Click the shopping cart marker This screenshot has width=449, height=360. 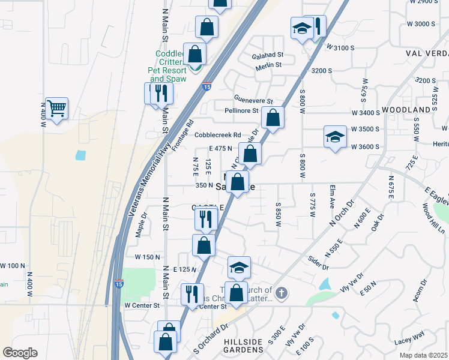tap(56, 109)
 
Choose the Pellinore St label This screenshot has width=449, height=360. tap(241, 111)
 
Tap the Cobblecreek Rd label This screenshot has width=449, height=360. tap(217, 135)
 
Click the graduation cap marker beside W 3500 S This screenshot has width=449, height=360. tap(335, 136)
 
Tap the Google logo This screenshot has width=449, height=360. tap(20, 352)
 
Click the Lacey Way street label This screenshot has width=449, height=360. tap(409, 335)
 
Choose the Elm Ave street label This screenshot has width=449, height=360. tap(331, 196)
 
